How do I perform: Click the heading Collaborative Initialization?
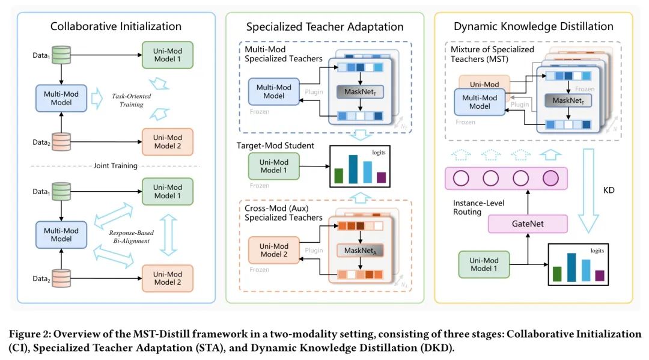(x=116, y=26)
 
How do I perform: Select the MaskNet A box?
(x=359, y=249)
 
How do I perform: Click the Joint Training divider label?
(x=117, y=166)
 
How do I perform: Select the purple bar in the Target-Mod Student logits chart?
(x=381, y=177)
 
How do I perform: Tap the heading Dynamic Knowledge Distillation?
(x=534, y=26)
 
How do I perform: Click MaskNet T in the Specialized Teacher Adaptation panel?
(x=359, y=92)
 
